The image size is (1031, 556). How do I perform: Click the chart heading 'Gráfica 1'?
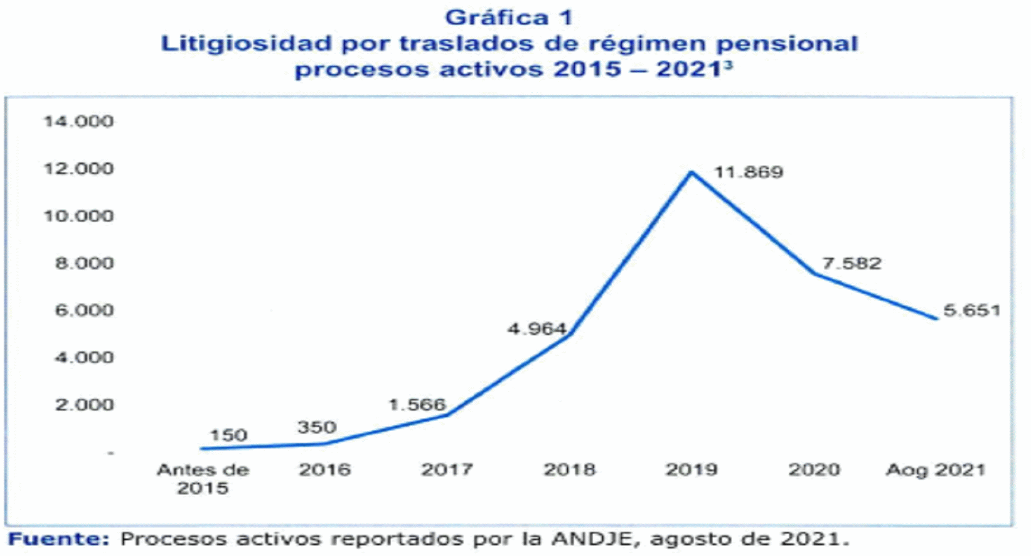click(509, 18)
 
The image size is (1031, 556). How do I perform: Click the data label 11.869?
click(749, 172)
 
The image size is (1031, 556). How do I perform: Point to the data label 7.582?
click(852, 264)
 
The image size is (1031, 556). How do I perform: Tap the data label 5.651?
click(972, 310)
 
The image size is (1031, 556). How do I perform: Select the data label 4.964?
click(537, 329)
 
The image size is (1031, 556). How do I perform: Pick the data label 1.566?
click(417, 405)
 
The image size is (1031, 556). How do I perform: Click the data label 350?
click(317, 427)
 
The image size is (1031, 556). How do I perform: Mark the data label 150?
click(229, 435)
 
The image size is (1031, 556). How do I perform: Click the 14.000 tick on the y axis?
click(78, 122)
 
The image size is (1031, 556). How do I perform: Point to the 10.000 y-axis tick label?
click(78, 216)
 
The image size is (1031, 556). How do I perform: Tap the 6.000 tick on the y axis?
click(84, 310)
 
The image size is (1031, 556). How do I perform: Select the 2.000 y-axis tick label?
click(84, 405)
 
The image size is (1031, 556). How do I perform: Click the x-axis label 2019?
click(692, 469)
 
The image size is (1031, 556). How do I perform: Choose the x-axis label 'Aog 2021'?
click(936, 470)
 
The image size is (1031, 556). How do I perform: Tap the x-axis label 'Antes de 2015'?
click(203, 479)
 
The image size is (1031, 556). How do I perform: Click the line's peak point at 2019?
click(692, 172)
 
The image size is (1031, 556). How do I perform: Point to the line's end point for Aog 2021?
click(936, 319)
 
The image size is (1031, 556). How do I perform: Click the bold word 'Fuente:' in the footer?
click(59, 539)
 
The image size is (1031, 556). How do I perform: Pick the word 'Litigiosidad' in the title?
click(246, 44)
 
